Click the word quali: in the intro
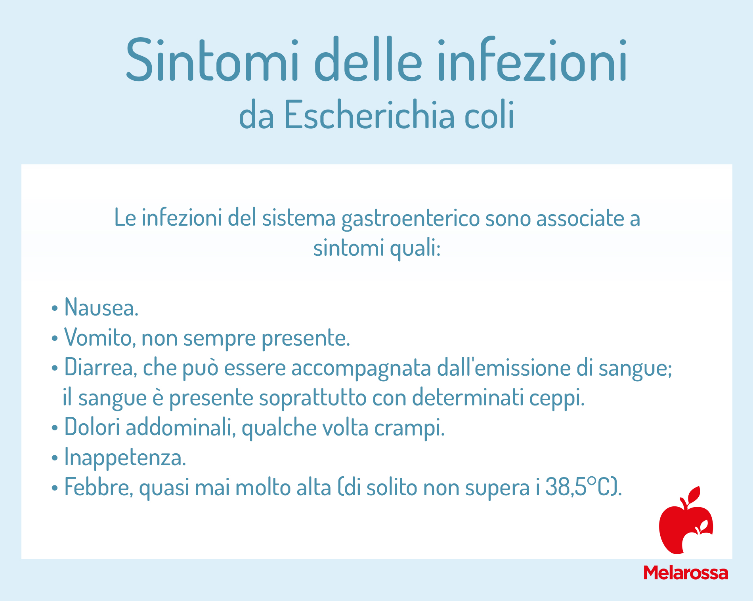415,249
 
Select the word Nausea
101,307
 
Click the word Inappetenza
125,458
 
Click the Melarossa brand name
686,573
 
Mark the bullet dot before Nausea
55,308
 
